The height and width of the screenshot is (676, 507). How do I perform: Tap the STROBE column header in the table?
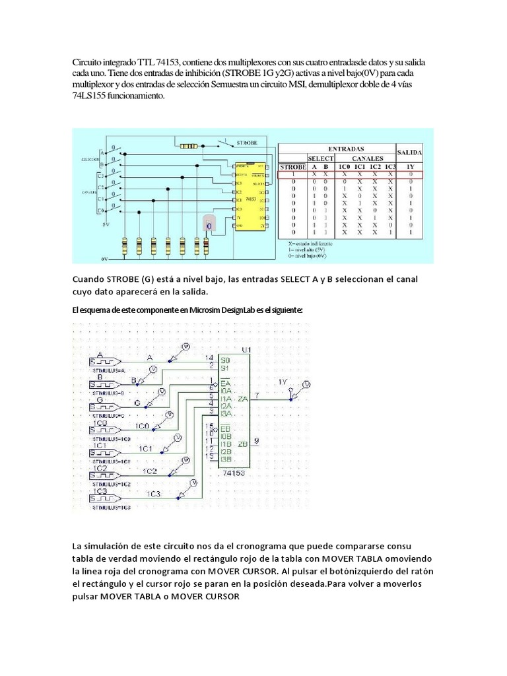(x=292, y=166)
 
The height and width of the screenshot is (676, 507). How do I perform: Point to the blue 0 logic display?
(x=209, y=226)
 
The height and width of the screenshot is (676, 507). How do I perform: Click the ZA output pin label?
(x=243, y=399)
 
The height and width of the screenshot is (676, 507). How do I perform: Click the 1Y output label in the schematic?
(x=283, y=382)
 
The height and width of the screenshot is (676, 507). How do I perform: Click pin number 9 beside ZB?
(x=257, y=439)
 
